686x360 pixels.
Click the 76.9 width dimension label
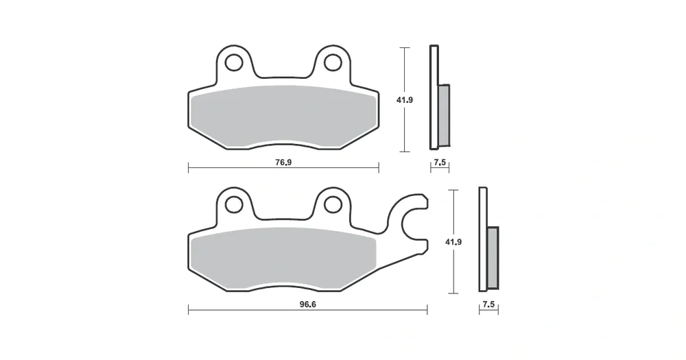point(283,163)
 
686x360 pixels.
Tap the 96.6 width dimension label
point(307,304)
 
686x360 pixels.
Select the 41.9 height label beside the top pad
point(405,99)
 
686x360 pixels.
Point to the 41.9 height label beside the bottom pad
point(453,241)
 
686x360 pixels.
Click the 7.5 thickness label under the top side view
point(440,163)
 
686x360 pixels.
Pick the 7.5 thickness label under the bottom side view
point(488,304)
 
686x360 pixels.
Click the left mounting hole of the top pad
point(234,62)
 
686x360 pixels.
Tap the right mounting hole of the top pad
point(333,62)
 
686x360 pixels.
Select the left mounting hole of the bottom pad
point(234,204)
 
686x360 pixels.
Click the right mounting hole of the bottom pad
point(333,204)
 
